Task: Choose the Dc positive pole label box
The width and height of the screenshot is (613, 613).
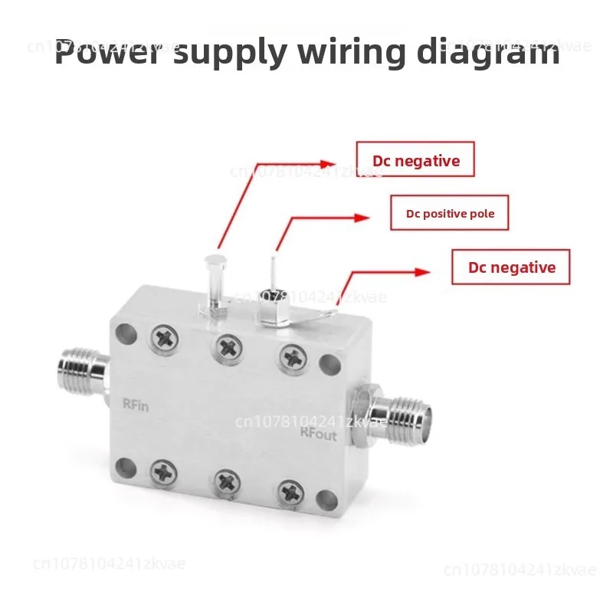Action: tap(450, 213)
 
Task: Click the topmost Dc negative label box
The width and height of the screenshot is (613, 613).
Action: tap(416, 160)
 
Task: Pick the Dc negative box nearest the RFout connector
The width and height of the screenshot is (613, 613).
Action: tap(511, 267)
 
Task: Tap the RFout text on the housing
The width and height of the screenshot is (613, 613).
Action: tap(317, 433)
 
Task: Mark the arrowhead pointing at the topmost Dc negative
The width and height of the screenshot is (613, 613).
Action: tap(329, 163)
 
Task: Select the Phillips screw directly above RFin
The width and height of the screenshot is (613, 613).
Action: tap(164, 337)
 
